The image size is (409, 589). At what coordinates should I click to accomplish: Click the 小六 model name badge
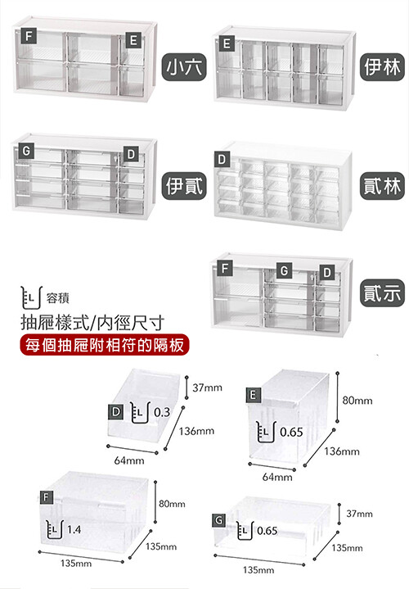[184, 67]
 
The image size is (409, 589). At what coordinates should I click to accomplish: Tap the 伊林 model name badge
[382, 67]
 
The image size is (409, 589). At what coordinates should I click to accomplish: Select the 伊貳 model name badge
[184, 186]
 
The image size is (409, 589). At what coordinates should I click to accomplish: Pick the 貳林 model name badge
[382, 186]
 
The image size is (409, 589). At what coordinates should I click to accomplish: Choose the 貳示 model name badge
[382, 293]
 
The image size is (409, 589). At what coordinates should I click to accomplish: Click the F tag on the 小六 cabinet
[29, 36]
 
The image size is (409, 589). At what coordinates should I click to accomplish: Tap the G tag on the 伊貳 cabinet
[26, 151]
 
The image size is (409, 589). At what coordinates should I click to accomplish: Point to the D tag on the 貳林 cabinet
[222, 159]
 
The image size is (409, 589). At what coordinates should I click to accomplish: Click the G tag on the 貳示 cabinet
[284, 270]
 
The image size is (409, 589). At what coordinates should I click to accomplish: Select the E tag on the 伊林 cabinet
[227, 43]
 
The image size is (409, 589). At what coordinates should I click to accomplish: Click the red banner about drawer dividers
[105, 344]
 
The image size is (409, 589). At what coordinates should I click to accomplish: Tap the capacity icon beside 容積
[31, 297]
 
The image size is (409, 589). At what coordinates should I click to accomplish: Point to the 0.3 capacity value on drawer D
[162, 412]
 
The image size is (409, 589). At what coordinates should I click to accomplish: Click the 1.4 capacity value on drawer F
[74, 529]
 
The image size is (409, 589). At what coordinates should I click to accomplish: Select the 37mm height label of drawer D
[207, 387]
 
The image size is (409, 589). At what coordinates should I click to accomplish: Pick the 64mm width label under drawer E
[277, 477]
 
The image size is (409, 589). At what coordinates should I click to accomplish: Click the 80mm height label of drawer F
[172, 504]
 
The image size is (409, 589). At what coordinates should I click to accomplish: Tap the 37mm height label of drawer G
[359, 514]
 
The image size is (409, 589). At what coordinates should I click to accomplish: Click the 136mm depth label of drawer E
[342, 451]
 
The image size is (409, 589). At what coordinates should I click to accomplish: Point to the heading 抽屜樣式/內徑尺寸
[92, 322]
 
